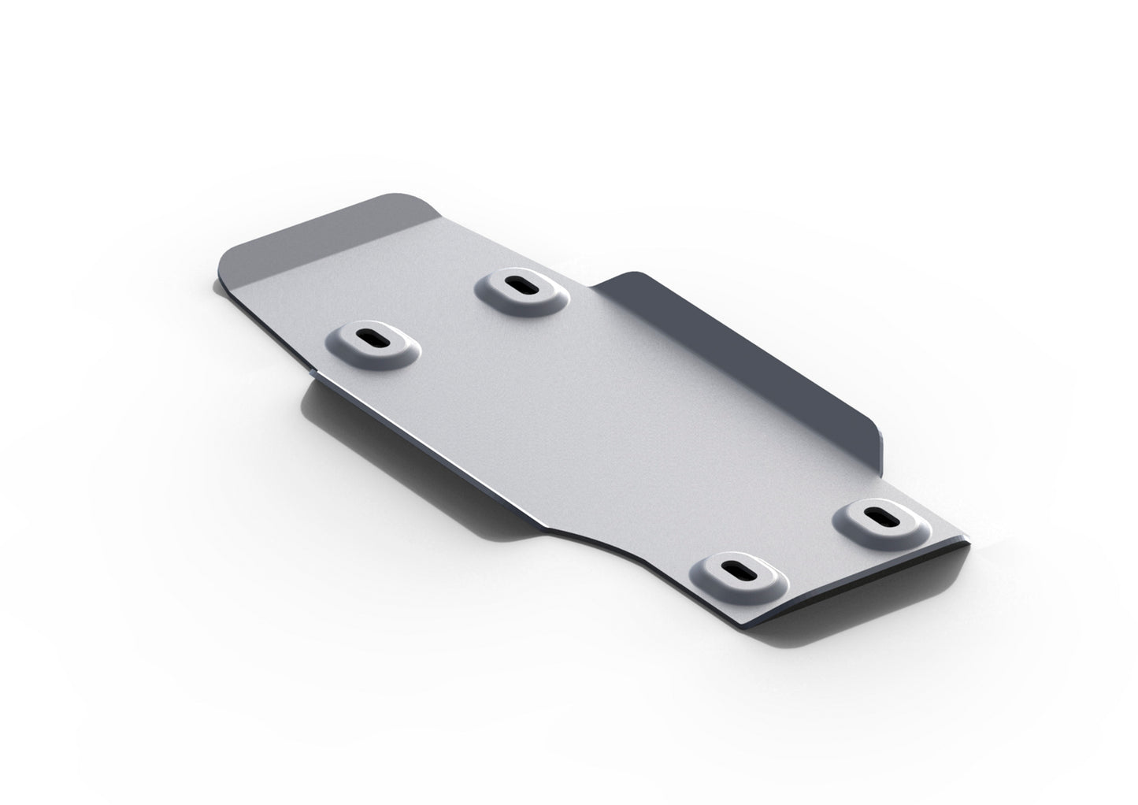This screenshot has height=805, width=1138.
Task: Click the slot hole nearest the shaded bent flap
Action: click(x=520, y=286)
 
